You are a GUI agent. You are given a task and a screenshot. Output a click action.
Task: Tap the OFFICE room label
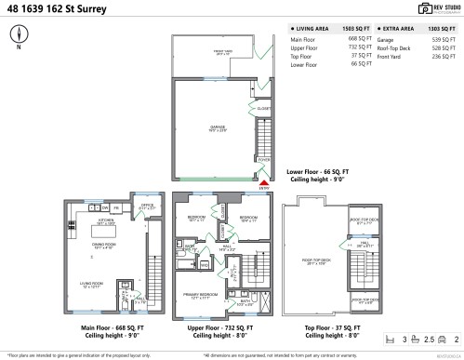(146, 207)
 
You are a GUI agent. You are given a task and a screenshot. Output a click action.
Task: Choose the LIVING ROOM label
(91, 286)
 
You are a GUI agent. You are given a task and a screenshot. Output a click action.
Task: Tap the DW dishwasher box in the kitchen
(106, 207)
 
